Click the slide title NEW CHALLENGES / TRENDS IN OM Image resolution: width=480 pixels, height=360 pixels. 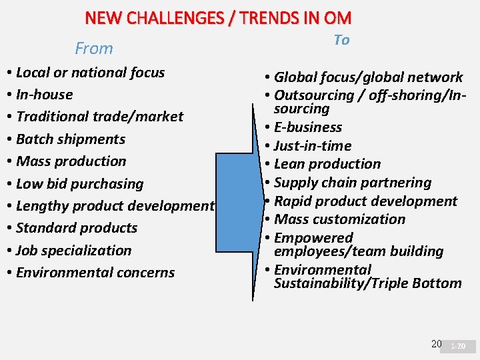(218, 18)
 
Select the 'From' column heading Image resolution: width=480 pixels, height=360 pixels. (94, 49)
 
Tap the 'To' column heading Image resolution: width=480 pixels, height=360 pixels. (341, 40)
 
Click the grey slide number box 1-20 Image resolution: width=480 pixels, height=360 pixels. (459, 347)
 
